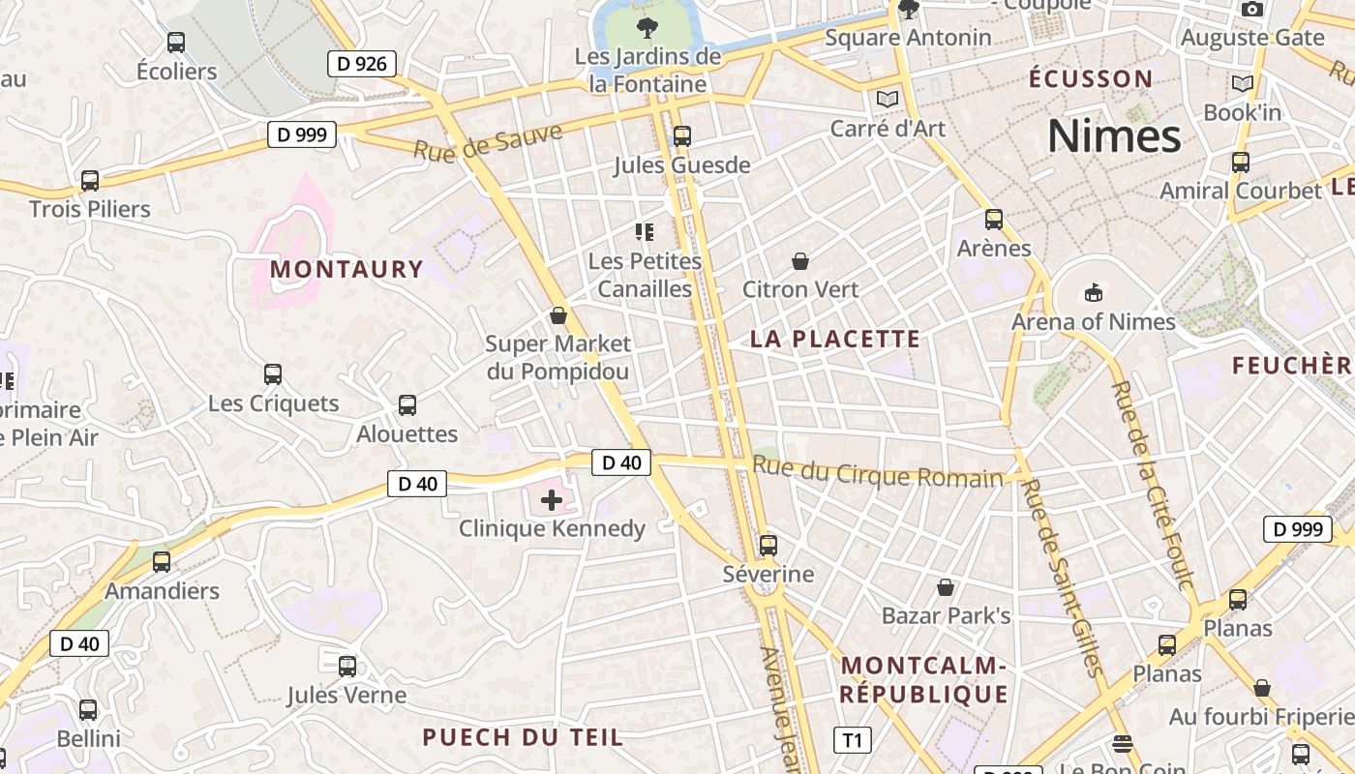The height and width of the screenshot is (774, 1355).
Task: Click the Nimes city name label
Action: [x=1114, y=136]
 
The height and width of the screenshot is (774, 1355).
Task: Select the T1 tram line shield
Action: [x=852, y=740]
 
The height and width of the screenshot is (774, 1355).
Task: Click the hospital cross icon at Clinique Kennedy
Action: [x=552, y=500]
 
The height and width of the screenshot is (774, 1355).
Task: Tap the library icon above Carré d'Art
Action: [x=888, y=99]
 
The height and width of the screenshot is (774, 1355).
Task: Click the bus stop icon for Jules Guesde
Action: [x=682, y=136]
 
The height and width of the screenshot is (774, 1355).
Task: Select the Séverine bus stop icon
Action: [x=768, y=546]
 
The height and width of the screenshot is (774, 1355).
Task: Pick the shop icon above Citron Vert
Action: [x=800, y=261]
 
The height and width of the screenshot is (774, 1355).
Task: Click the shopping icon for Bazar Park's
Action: [x=946, y=587]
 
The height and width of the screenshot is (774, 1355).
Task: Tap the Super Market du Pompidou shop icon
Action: [x=557, y=315]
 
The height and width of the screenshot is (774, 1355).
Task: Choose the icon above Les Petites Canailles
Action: [x=645, y=232]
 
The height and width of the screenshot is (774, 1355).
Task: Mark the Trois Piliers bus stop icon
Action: [x=90, y=181]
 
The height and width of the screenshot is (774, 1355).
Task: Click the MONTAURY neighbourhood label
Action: [x=346, y=269]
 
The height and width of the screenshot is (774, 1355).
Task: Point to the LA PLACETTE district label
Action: [x=835, y=339]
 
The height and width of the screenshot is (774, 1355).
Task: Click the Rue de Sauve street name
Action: [x=488, y=141]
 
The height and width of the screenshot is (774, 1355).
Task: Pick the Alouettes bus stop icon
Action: [x=407, y=405]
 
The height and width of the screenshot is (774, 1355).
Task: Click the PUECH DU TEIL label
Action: [x=523, y=737]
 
